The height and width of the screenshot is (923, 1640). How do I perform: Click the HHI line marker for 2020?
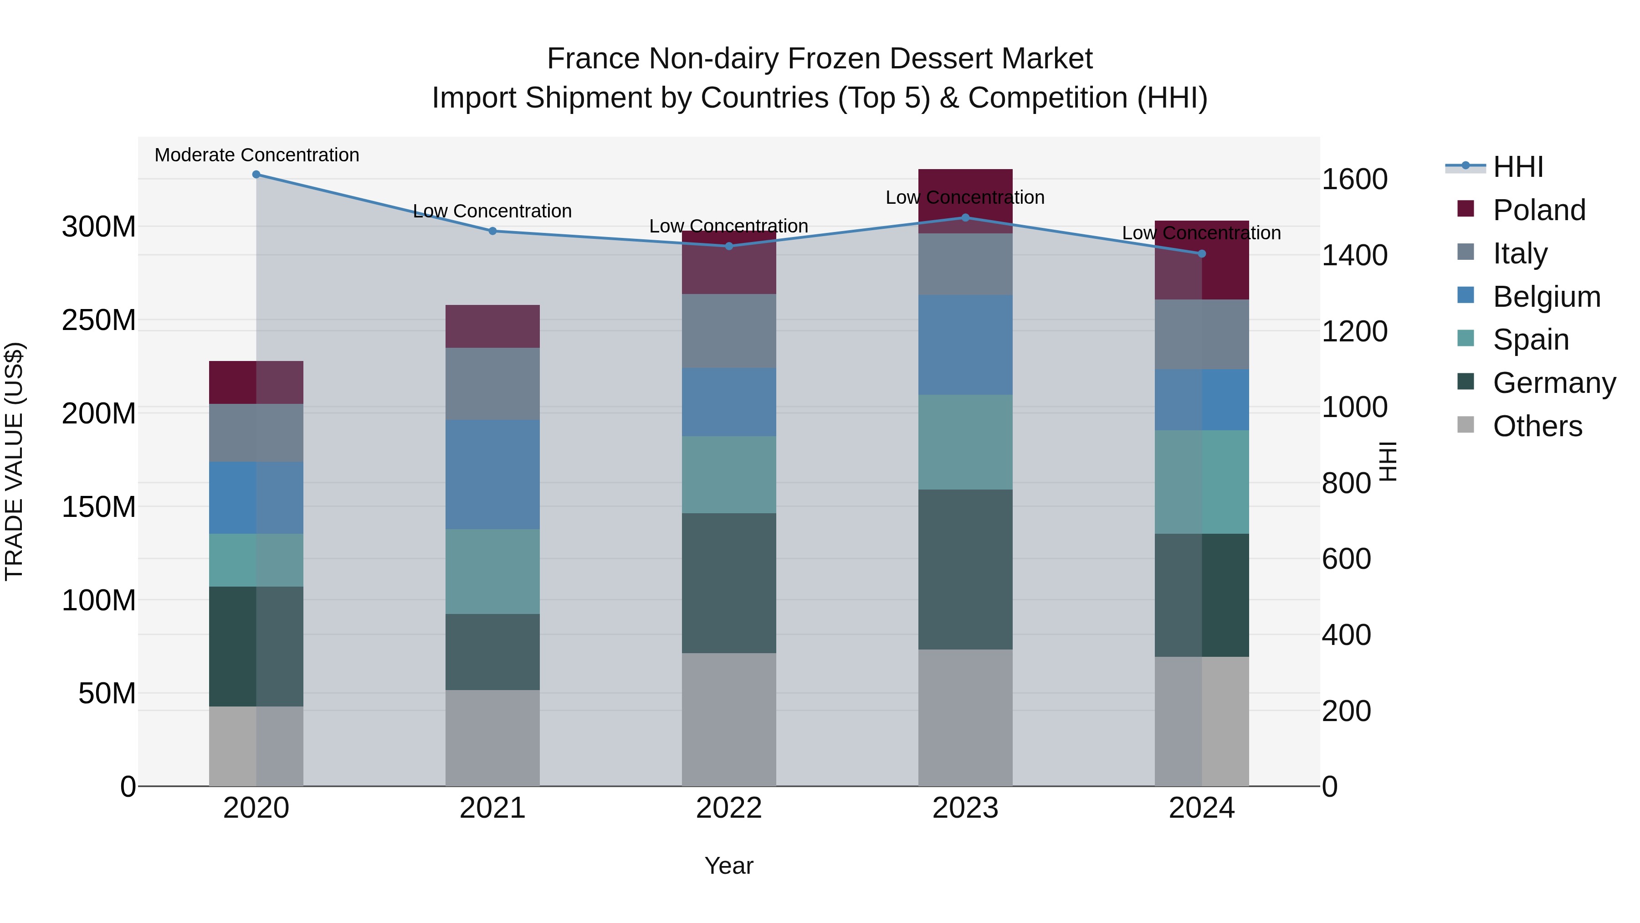pyautogui.click(x=256, y=175)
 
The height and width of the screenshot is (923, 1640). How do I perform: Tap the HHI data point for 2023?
pyautogui.click(x=965, y=218)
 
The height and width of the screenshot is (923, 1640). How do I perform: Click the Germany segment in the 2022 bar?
pyautogui.click(x=729, y=583)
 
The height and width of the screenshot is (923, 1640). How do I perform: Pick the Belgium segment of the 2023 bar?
pyautogui.click(x=965, y=345)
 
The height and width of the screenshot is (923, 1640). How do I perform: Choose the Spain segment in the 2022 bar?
pyautogui.click(x=729, y=474)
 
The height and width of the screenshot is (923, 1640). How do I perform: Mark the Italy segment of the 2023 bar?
pyautogui.click(x=965, y=264)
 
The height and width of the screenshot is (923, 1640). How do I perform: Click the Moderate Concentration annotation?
pyautogui.click(x=256, y=155)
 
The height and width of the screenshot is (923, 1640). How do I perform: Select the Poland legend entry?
pyautogui.click(x=1539, y=210)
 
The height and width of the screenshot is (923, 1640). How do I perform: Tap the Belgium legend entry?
pyautogui.click(x=1547, y=297)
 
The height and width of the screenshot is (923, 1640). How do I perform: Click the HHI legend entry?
pyautogui.click(x=1518, y=167)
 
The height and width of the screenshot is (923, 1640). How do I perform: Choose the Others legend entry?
pyautogui.click(x=1537, y=426)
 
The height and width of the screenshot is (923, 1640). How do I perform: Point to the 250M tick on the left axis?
pyautogui.click(x=99, y=320)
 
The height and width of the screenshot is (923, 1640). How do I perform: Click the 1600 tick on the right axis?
pyautogui.click(x=1354, y=179)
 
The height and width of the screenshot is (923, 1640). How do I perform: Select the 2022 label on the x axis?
pyautogui.click(x=729, y=808)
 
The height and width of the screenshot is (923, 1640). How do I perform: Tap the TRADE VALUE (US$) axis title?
pyautogui.click(x=14, y=461)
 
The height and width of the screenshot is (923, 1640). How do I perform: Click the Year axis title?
pyautogui.click(x=729, y=866)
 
